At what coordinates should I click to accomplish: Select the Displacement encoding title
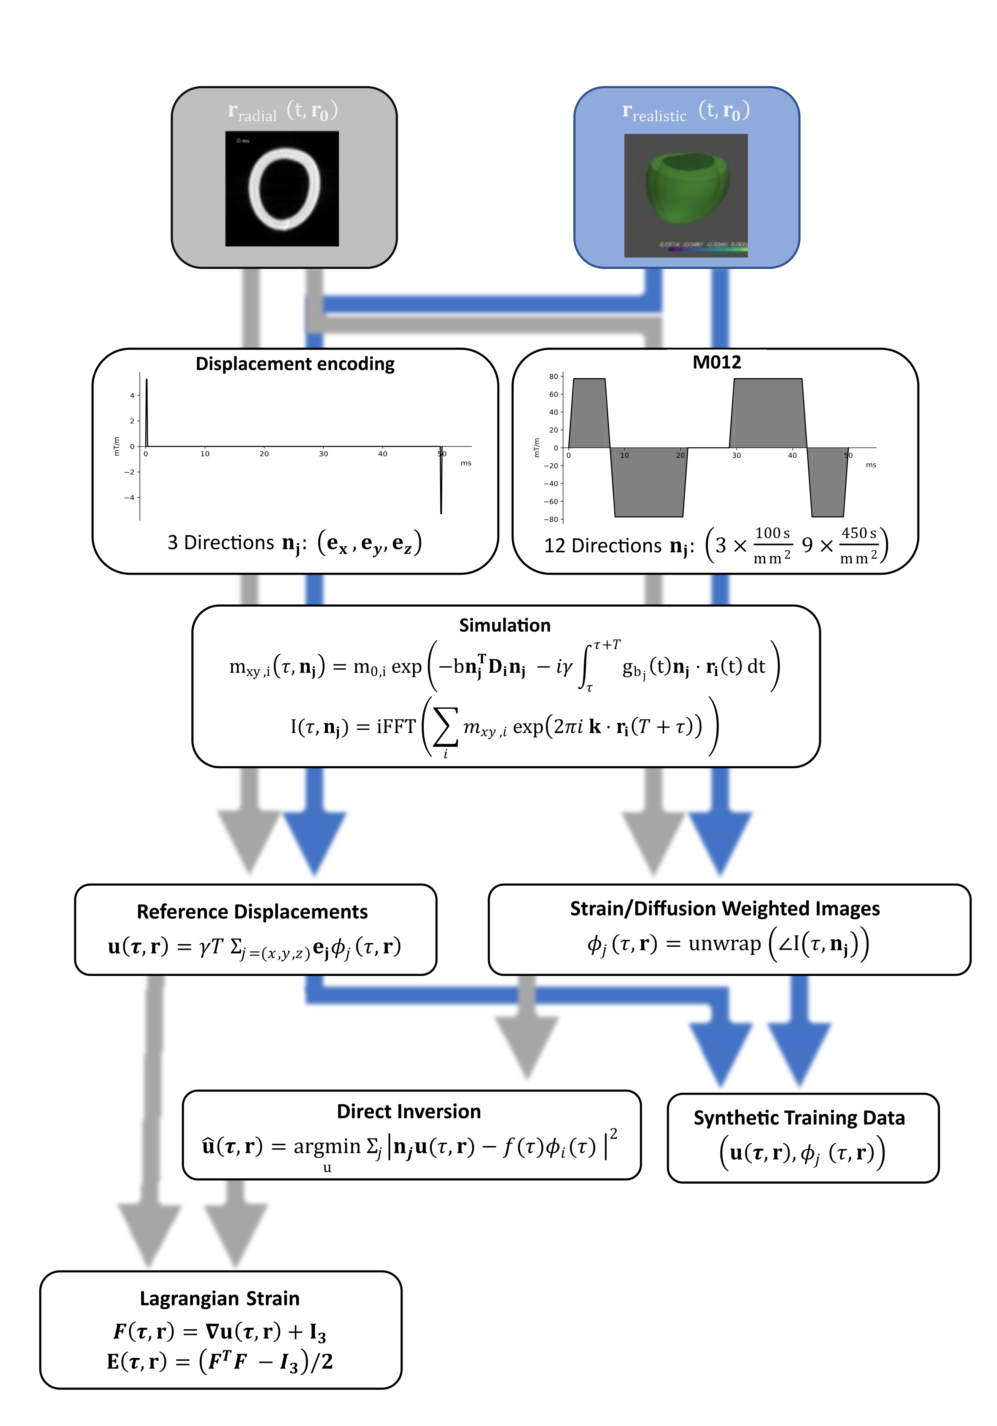click(295, 364)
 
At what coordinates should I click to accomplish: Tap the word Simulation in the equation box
click(504, 625)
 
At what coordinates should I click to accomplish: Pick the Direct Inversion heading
click(409, 1111)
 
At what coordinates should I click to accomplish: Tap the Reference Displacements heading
click(252, 912)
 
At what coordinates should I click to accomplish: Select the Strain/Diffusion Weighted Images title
click(725, 909)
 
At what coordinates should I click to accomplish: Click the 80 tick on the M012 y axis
click(553, 377)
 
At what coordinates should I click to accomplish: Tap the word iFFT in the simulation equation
click(396, 727)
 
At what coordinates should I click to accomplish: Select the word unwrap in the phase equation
click(724, 944)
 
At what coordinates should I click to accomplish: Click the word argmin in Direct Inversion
click(327, 1146)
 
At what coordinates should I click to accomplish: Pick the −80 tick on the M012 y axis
click(551, 519)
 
